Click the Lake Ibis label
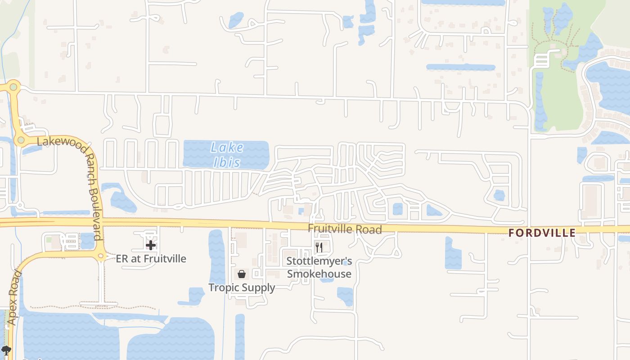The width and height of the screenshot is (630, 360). tap(227, 154)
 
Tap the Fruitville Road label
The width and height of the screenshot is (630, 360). tap(345, 229)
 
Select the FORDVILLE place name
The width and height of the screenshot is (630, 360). tap(542, 233)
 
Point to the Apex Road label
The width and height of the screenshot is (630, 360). tap(14, 297)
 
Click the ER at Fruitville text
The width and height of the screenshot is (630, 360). tap(151, 259)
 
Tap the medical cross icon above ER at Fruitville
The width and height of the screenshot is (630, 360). tap(151, 245)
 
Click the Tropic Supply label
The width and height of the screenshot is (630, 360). tap(242, 288)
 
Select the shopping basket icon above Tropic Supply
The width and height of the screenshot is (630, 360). tap(242, 274)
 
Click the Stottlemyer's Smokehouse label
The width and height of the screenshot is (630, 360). tap(319, 267)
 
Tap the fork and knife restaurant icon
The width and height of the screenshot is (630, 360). tap(319, 247)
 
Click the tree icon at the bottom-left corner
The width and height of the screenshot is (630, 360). tap(6, 350)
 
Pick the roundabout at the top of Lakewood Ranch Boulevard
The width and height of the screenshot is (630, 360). tap(13, 87)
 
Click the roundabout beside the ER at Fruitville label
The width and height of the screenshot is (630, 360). tap(101, 256)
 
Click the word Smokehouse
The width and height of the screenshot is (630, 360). tap(319, 274)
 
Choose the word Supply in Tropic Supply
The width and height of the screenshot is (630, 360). tap(258, 288)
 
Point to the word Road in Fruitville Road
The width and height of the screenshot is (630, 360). tap(369, 229)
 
